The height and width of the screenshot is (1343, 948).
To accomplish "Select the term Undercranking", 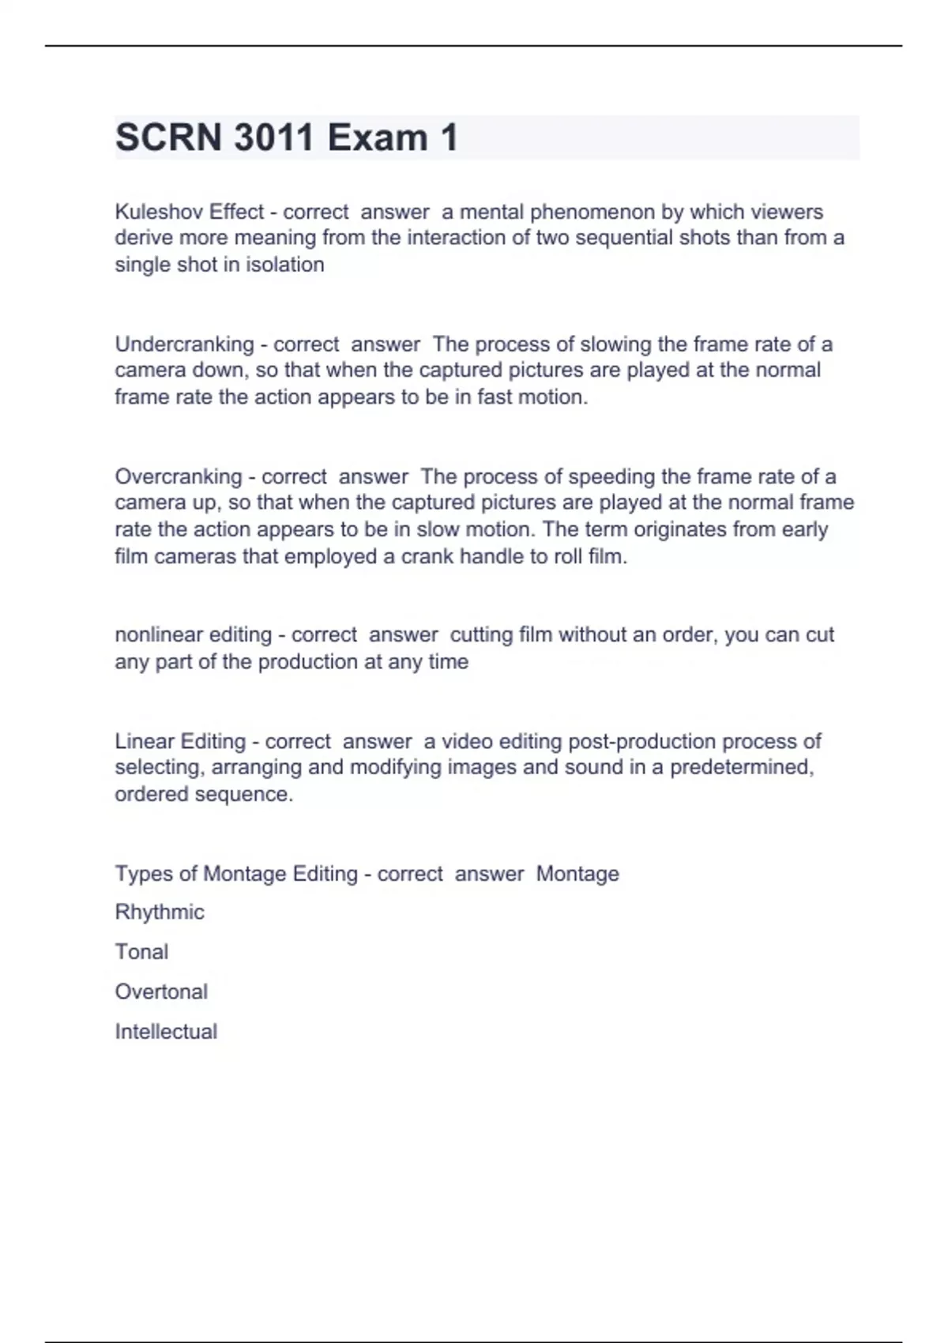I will coord(184,344).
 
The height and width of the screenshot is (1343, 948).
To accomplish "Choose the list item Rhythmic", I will coord(160,912).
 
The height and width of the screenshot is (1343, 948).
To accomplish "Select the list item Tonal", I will coord(141,952).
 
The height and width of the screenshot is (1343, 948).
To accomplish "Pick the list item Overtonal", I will coord(161,991).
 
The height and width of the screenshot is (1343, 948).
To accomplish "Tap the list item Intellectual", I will coord(166,1032).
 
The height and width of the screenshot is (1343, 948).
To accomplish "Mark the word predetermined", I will coord(742,767).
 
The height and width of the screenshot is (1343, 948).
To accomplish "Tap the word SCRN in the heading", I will coord(168,137).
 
